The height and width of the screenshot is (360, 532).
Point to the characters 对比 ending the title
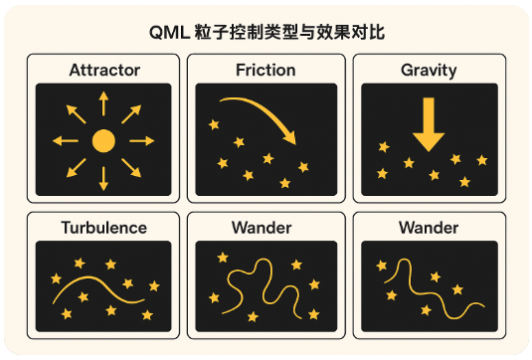point(369,31)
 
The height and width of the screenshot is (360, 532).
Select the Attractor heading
point(104,71)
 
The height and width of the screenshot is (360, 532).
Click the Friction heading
point(266,71)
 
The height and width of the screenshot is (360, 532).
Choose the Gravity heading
point(429,71)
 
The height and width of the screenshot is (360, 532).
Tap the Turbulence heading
point(104,228)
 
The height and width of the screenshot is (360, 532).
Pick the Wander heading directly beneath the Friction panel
point(266,228)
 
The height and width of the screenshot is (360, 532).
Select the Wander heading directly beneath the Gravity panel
point(429,228)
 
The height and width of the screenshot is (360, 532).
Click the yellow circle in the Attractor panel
point(103,140)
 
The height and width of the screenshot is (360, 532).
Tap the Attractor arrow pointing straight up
point(103,102)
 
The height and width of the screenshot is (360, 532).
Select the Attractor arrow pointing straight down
point(103,179)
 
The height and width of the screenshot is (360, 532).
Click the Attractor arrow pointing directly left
point(65,140)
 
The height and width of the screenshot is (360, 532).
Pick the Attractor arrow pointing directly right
point(142,140)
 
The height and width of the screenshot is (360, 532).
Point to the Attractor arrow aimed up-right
point(131,112)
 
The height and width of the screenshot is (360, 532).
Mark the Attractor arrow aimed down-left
point(77,167)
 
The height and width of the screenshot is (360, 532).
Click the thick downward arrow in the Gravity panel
point(429,125)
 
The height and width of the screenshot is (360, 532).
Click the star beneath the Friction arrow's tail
point(212,126)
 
